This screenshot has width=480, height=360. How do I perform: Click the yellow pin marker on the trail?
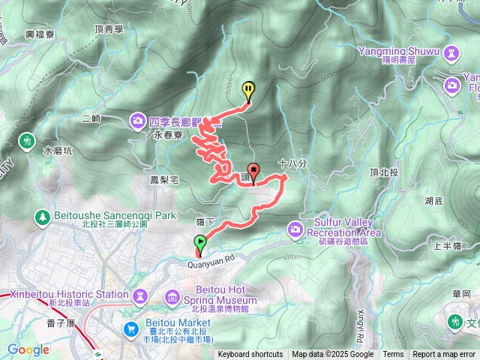[248, 90]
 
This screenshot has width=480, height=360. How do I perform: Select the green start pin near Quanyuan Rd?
[200, 242]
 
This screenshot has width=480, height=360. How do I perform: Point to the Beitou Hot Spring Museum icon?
[173, 298]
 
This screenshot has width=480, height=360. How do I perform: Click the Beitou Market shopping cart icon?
[132, 329]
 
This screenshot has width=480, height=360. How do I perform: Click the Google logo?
[28, 350]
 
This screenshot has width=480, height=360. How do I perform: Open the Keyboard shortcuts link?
[250, 355]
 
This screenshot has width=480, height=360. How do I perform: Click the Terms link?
[393, 355]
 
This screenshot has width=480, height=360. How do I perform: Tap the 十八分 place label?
[292, 162]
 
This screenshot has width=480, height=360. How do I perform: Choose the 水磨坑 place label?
[58, 149]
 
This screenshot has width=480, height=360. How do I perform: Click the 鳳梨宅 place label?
[163, 181]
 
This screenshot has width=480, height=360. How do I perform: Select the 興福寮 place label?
[41, 34]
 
